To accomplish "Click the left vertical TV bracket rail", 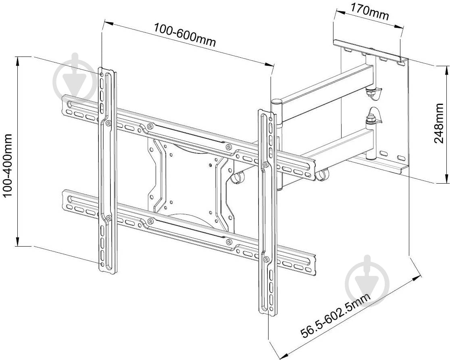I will point(107,170).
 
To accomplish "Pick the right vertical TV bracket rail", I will point(267,210).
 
